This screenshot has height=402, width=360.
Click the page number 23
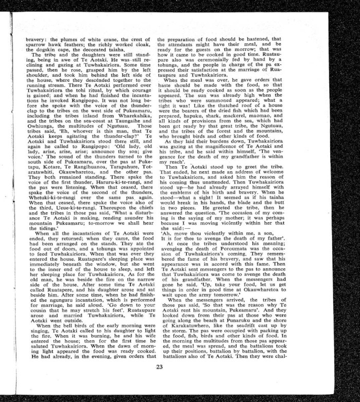pos(159,367)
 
